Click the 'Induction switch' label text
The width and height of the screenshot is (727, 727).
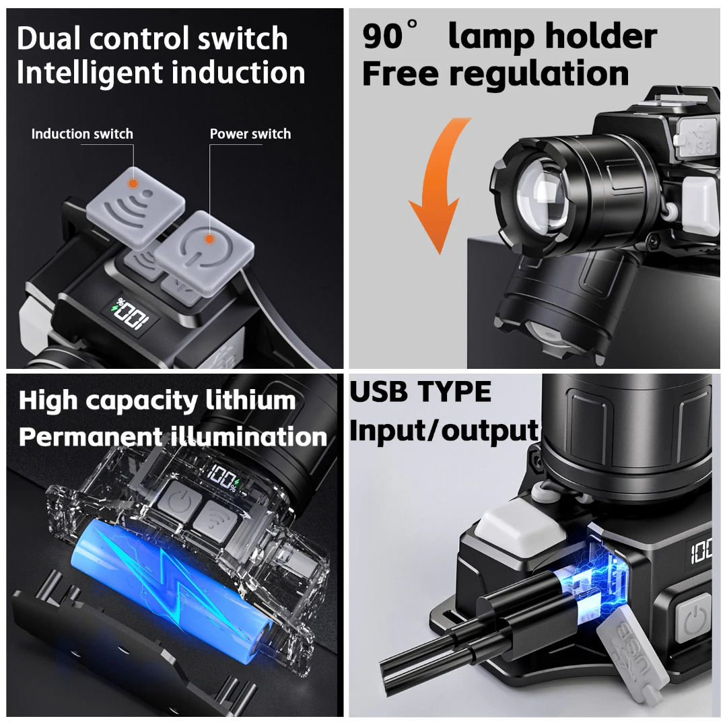82,134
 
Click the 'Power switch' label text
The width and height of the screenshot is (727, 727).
250,134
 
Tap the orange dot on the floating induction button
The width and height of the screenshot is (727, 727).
133,182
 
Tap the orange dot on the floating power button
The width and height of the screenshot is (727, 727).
209,238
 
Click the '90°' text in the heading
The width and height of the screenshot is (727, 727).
390,37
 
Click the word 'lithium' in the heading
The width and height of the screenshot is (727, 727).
249,401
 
